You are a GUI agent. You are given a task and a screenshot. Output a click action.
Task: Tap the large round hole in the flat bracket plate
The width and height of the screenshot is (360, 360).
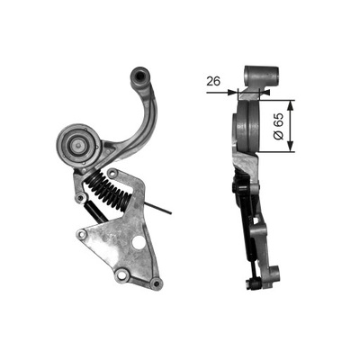(139, 243)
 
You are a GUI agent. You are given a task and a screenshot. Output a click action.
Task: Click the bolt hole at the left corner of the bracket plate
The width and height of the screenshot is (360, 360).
(82, 235)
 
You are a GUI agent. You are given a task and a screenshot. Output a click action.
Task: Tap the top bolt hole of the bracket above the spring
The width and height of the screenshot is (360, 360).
(112, 172)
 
